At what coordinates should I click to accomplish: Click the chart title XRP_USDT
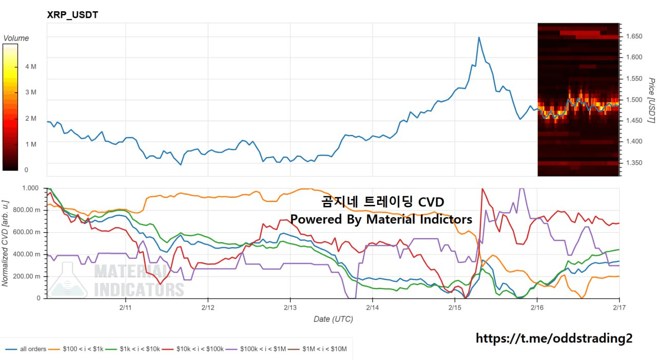point(72,15)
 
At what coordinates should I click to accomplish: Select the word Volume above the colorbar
point(16,38)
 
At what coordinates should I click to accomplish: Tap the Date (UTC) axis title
point(333,319)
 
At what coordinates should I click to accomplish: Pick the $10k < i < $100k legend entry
point(199,349)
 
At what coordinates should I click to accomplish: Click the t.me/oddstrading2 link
point(554,338)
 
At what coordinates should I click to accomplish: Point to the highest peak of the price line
point(479,37)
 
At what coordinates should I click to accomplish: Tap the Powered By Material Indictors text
point(381,219)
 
